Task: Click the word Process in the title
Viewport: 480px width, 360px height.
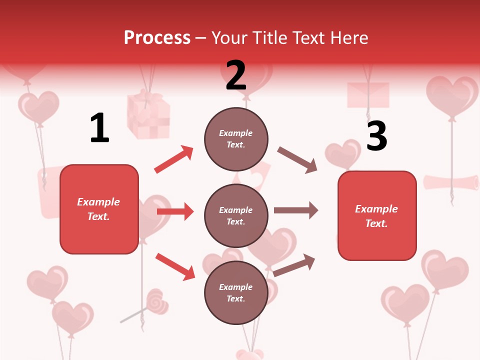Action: point(157,37)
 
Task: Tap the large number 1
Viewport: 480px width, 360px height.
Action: point(99,128)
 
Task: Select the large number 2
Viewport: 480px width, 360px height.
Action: point(236,75)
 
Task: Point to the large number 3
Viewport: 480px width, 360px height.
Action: point(376,136)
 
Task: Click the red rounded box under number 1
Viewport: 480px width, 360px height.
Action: point(99,209)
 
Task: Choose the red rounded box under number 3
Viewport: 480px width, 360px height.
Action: point(377,215)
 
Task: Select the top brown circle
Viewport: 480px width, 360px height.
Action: point(236,138)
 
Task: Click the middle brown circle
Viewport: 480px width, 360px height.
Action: point(236,215)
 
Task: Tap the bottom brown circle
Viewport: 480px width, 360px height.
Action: point(236,292)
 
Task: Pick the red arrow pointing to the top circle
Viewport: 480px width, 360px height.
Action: point(174,159)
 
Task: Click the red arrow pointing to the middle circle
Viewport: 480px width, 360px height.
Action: point(175,211)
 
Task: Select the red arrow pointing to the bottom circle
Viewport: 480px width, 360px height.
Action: point(175,266)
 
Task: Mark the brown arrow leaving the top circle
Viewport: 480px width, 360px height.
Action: point(297,160)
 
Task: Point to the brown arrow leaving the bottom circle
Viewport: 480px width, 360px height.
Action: point(294,265)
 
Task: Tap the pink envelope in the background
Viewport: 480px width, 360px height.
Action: point(368,95)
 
